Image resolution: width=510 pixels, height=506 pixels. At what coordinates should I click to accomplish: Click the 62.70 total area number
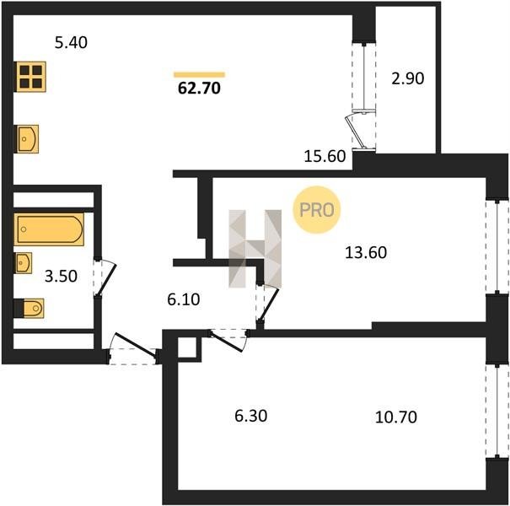pyautogui.click(x=200, y=89)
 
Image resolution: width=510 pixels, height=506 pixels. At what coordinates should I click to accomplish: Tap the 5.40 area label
pyautogui.click(x=71, y=43)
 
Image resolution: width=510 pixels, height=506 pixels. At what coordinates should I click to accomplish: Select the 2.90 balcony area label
pyautogui.click(x=407, y=78)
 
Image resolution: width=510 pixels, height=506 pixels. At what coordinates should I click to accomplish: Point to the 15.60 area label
pyautogui.click(x=325, y=156)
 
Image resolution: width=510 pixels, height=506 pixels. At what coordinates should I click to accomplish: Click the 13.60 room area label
pyautogui.click(x=366, y=252)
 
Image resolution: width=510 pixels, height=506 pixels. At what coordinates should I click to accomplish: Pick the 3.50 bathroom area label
pyautogui.click(x=61, y=277)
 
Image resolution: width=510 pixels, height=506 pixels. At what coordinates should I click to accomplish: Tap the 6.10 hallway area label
pyautogui.click(x=184, y=299)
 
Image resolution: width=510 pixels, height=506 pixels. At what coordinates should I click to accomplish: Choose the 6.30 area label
pyautogui.click(x=251, y=416)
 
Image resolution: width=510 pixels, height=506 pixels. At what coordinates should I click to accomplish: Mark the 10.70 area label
pyautogui.click(x=396, y=417)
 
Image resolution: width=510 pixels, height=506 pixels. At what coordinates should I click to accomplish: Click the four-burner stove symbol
pyautogui.click(x=30, y=77)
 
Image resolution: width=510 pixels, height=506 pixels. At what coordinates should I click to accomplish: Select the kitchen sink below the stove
pyautogui.click(x=27, y=139)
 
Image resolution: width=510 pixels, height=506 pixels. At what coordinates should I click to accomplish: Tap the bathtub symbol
pyautogui.click(x=49, y=229)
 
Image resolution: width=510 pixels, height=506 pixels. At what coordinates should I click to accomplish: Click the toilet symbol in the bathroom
pyautogui.click(x=30, y=308)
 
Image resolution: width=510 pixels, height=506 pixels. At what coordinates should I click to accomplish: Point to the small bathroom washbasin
pyautogui.click(x=24, y=262)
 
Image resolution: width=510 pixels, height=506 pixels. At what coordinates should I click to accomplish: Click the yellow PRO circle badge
pyautogui.click(x=316, y=210)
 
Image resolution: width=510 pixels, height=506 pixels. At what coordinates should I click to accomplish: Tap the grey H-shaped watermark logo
pyautogui.click(x=255, y=249)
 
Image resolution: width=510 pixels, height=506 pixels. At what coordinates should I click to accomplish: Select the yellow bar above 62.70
pyautogui.click(x=200, y=74)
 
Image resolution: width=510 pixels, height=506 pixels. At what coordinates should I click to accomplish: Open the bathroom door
pyautogui.click(x=105, y=277)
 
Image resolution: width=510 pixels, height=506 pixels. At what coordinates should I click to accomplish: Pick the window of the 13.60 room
pyautogui.click(x=497, y=247)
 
